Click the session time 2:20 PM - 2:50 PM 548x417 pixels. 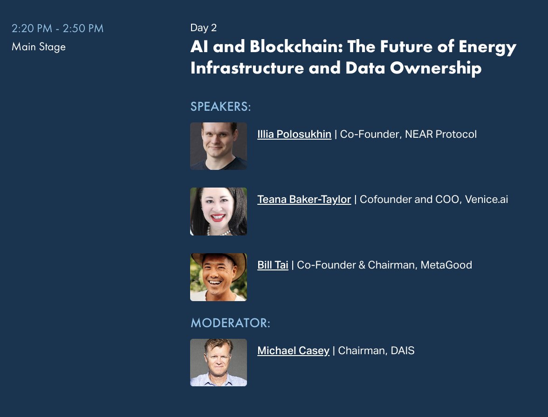pyautogui.click(x=57, y=28)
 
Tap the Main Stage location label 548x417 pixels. pyautogui.click(x=39, y=47)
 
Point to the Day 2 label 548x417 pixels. pyautogui.click(x=204, y=28)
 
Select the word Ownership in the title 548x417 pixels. pyautogui.click(x=436, y=68)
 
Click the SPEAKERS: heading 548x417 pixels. pyautogui.click(x=220, y=107)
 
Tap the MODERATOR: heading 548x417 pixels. pyautogui.click(x=230, y=323)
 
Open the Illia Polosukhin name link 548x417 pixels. pyautogui.click(x=294, y=135)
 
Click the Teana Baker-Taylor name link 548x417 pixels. pyautogui.click(x=304, y=200)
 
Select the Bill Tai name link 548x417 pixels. pyautogui.click(x=273, y=265)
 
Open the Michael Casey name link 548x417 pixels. pyautogui.click(x=293, y=351)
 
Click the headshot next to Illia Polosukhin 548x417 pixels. pyautogui.click(x=219, y=146)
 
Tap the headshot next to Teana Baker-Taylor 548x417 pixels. pyautogui.click(x=219, y=211)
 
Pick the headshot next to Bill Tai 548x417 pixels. pyautogui.click(x=219, y=277)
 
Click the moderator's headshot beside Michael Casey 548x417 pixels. pyautogui.click(x=219, y=363)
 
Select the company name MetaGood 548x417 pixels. pyautogui.click(x=446, y=265)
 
